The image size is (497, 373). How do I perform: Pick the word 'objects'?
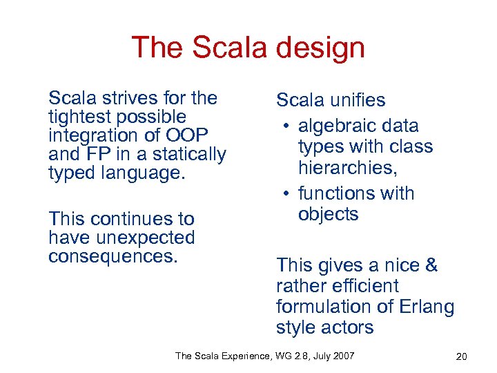tap(329, 214)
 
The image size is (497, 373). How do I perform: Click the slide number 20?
tap(462, 356)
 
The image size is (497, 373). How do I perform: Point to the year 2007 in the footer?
tap(344, 356)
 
